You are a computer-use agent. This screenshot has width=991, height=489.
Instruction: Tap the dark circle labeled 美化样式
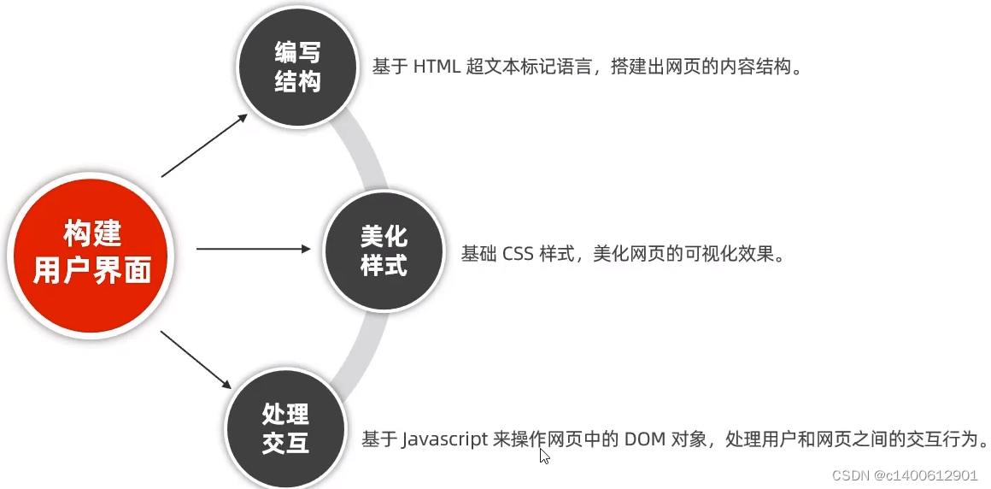(384, 250)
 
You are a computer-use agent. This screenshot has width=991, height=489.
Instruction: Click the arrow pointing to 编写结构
(205, 144)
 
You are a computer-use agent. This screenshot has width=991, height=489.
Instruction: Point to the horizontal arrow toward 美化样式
(254, 249)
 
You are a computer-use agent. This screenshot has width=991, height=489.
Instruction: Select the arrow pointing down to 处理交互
(196, 358)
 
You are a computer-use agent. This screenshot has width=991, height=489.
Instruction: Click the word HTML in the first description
(437, 68)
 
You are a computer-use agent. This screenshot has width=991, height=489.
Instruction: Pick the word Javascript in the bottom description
(445, 439)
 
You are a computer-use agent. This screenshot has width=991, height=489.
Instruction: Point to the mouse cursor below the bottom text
(544, 456)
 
